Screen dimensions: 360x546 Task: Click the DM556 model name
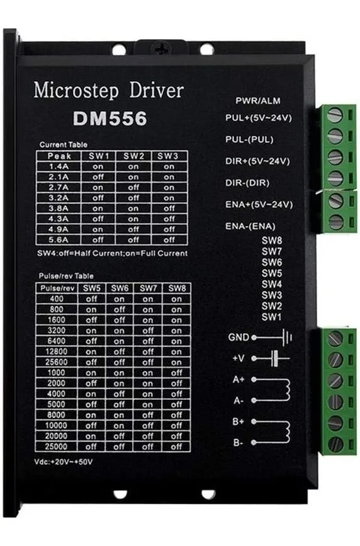coord(110,118)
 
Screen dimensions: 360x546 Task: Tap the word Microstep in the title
coord(76,91)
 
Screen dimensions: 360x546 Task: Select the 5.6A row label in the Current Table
coord(59,239)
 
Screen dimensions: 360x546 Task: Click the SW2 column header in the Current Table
coord(133,156)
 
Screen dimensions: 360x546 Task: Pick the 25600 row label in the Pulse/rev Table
coord(57,362)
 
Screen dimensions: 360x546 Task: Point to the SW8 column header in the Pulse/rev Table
coord(177,288)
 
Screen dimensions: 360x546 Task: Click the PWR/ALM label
coord(257,101)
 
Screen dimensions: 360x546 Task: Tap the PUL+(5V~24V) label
coord(259,118)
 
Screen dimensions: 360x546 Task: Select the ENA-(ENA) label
coord(250,226)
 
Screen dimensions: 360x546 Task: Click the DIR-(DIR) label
coord(247,183)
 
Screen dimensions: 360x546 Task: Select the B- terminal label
coord(238,443)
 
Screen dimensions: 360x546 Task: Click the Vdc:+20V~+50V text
coord(64,462)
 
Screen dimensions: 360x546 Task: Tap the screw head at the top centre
coord(162,48)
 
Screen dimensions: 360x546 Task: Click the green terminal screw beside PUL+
coord(335,115)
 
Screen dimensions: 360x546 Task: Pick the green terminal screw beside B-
coord(335,444)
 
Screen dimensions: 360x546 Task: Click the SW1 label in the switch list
coord(271,317)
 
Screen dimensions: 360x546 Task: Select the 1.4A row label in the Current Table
coord(59,166)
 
